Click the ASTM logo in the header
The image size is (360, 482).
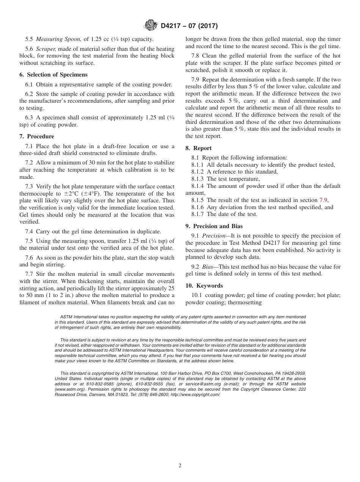click(151, 26)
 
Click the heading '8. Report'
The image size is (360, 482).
click(199, 148)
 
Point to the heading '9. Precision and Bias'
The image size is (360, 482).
click(214, 226)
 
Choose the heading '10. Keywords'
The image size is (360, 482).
click(204, 286)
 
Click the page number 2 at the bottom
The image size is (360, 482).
click(180, 466)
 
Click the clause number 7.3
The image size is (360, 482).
click(29, 186)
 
